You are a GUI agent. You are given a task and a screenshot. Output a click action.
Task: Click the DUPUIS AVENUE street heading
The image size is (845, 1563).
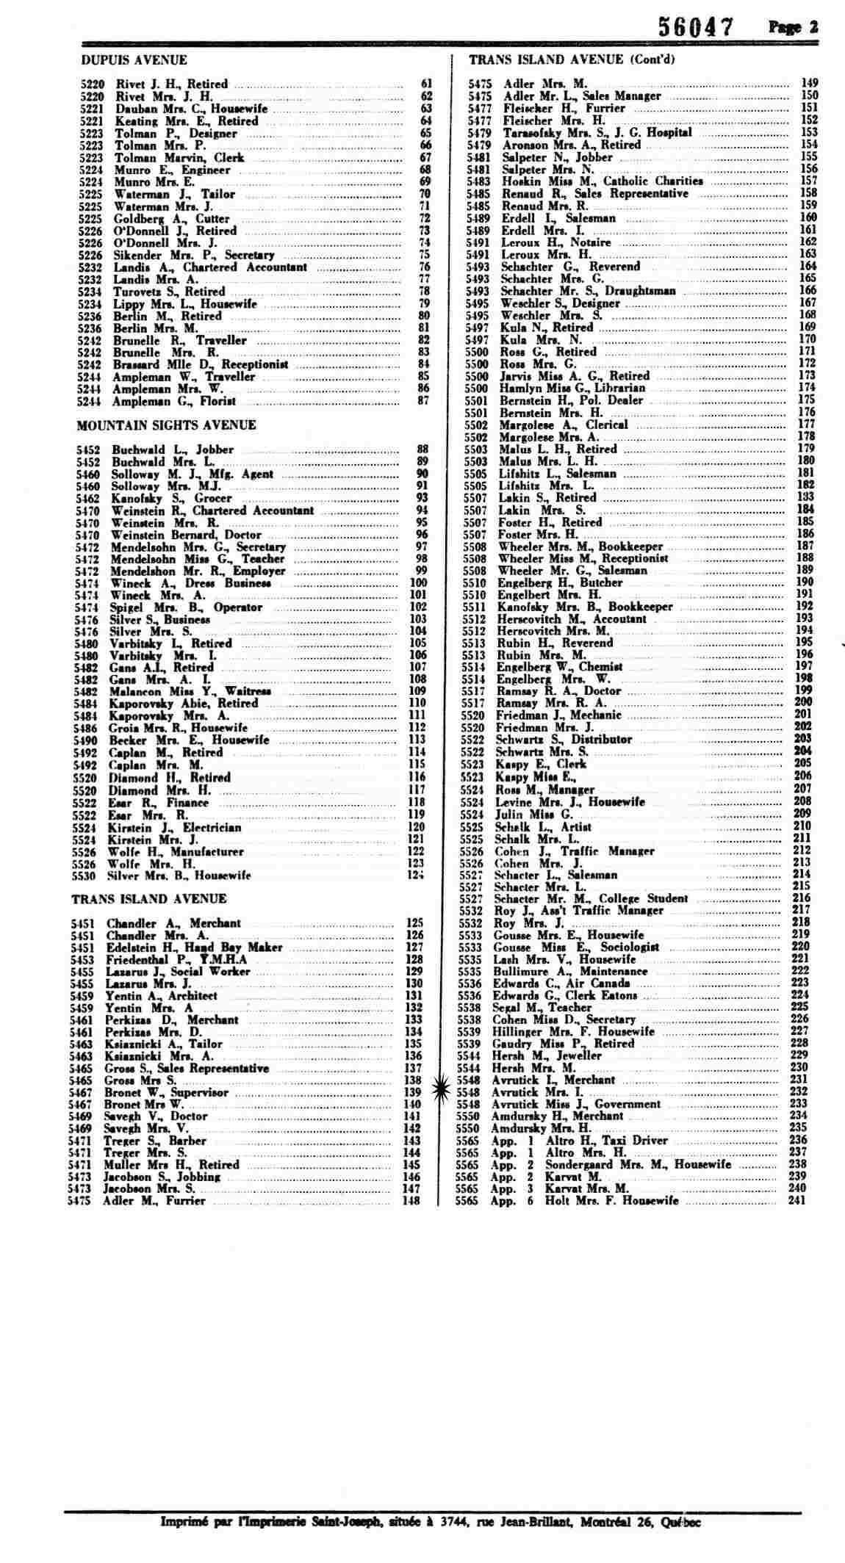(134, 60)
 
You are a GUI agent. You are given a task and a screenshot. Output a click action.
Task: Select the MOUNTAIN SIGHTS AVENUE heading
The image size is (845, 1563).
(167, 425)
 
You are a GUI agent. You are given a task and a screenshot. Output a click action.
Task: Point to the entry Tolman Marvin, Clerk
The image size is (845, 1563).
(179, 158)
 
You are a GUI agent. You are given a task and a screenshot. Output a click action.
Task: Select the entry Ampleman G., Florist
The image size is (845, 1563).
(173, 401)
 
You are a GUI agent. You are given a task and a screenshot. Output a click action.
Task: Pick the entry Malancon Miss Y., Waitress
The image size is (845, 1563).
(190, 691)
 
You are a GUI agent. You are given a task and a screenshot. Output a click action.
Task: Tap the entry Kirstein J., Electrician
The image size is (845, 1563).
(174, 827)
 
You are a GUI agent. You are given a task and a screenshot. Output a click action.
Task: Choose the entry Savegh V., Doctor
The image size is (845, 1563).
(155, 1116)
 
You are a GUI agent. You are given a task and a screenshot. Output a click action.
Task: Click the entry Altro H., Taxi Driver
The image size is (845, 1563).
(606, 1141)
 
